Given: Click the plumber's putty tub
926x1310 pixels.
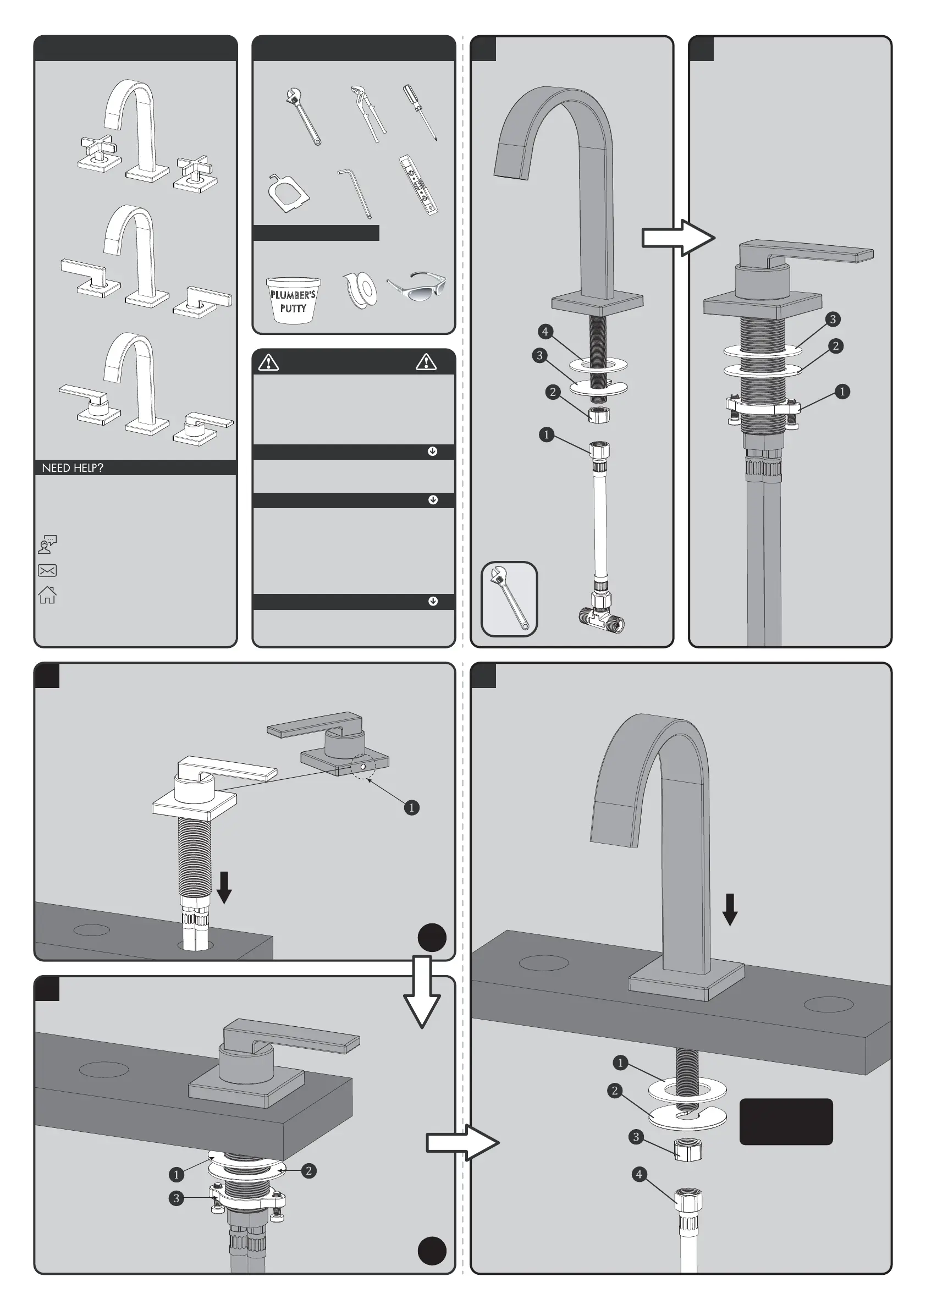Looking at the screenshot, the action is tap(293, 300).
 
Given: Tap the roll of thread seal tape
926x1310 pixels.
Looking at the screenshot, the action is tap(360, 290).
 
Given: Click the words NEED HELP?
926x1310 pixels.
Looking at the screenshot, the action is tap(73, 468).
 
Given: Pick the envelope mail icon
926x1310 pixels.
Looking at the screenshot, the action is tap(47, 570).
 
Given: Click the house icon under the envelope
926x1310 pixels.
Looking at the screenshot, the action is tap(47, 595).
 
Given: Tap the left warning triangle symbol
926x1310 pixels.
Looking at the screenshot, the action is tap(268, 362).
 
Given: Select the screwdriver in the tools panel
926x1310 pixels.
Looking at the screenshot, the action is tap(420, 112).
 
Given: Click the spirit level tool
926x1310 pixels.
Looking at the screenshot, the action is tap(419, 185).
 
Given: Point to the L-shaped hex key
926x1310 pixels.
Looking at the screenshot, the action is tap(355, 192).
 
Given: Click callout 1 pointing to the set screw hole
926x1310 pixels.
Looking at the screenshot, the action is tap(411, 807).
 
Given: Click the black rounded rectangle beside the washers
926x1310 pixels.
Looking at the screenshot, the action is tap(786, 1121).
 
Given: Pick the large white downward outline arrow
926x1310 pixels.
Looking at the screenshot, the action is tap(422, 993).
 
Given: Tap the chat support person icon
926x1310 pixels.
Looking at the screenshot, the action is tap(47, 544).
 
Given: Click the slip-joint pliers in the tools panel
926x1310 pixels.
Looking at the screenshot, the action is tap(367, 113).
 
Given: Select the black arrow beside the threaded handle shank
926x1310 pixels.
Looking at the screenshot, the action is tap(224, 887).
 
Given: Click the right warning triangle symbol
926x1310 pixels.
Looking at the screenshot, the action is tap(426, 362).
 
